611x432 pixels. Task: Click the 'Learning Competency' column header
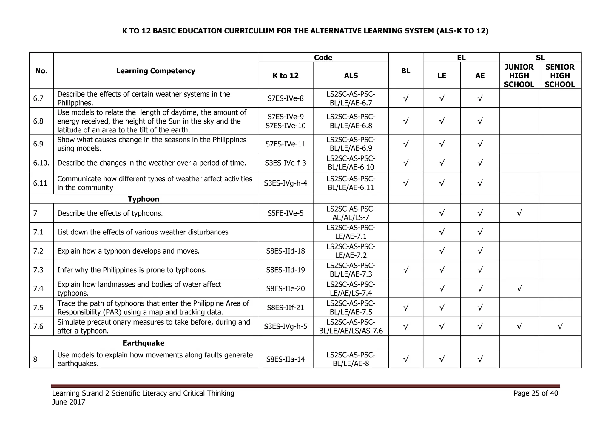[x=155, y=71]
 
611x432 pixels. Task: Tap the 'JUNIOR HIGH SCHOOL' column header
[x=519, y=76]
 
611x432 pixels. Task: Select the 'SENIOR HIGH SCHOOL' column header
[x=560, y=76]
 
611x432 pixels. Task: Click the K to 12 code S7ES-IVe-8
[x=286, y=98]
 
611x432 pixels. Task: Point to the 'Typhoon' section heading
[x=144, y=199]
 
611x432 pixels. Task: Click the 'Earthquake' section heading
[x=144, y=343]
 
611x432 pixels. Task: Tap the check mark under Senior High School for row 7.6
[x=560, y=327]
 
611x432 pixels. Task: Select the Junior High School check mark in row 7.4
[x=519, y=289]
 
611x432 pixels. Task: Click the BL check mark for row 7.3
[x=406, y=270]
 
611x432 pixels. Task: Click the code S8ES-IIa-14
[x=286, y=359]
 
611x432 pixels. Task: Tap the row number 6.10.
[x=41, y=163]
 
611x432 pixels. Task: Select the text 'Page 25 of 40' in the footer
[x=536, y=393]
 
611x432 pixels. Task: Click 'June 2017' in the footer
[x=69, y=402]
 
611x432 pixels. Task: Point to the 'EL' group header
[x=461, y=58]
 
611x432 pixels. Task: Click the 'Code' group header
[x=323, y=58]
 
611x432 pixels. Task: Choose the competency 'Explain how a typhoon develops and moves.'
[x=128, y=251]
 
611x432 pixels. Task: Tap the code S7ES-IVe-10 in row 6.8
[x=286, y=126]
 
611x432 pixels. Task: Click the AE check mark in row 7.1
[x=480, y=232]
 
